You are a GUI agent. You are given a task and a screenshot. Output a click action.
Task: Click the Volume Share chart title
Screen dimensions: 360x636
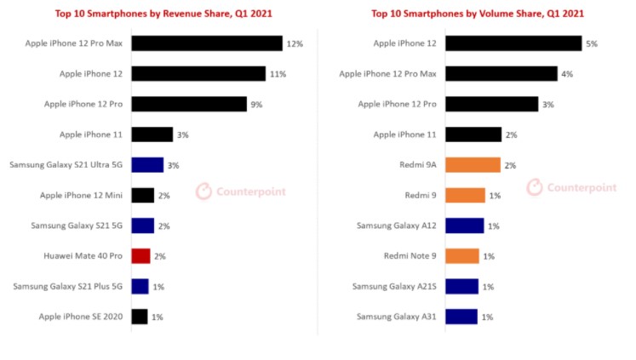coord(478,14)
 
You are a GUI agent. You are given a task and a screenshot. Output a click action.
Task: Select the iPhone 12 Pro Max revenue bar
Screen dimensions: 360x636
coord(207,43)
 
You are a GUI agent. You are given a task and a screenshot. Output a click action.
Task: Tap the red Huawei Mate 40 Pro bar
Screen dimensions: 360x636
coord(141,255)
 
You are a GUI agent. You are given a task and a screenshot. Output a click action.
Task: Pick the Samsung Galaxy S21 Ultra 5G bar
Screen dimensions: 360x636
coord(147,165)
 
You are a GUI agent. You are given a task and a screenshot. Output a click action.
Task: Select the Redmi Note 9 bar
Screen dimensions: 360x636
coord(462,255)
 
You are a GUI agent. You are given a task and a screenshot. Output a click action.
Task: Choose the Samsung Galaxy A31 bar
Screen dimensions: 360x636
coord(461,316)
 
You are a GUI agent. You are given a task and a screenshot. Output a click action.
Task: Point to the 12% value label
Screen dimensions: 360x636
coord(295,43)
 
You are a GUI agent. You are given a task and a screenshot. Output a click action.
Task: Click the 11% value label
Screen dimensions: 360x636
coord(278,74)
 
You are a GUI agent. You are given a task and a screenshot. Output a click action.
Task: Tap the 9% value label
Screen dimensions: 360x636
coord(255,105)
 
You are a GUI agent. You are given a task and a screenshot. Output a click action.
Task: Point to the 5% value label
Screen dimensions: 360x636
coord(592,43)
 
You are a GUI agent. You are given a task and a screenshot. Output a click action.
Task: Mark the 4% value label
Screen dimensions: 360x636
coord(567,74)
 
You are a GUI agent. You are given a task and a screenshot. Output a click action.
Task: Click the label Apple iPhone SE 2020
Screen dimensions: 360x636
coord(81,316)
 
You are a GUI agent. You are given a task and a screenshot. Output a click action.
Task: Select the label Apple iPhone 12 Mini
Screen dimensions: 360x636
coord(81,195)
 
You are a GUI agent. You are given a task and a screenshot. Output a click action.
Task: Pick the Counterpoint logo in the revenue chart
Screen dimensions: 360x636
coord(241,191)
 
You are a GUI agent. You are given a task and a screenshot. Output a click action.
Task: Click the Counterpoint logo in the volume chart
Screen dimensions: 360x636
coord(570,187)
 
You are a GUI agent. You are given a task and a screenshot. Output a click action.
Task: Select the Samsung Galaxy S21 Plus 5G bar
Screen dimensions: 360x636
coord(140,286)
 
